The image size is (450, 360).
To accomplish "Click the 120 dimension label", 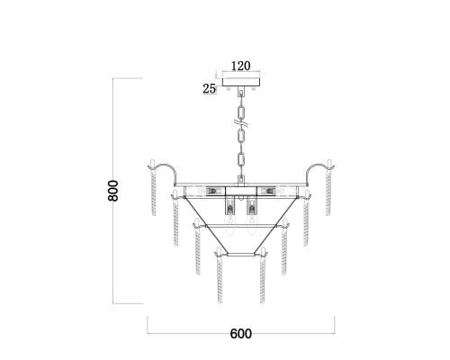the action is (241, 66).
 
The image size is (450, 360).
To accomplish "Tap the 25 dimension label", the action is (210, 88).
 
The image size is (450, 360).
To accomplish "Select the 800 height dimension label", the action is (113, 191).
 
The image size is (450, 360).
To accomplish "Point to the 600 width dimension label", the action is (241, 334).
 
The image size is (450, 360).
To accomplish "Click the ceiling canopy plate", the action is (241, 82).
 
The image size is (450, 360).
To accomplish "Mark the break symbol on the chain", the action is (241, 122).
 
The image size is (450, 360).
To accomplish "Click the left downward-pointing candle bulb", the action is (229, 226).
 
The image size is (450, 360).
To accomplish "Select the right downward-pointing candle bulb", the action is (252, 226).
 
